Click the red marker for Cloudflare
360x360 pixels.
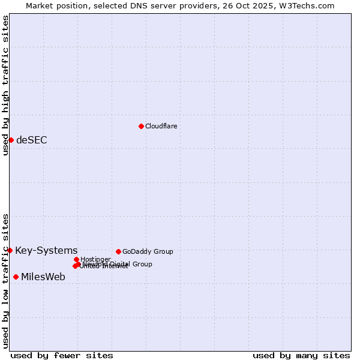coord(141,126)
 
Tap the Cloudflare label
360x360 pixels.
coord(161,126)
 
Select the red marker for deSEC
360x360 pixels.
coord(11,140)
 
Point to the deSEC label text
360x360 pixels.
coord(32,140)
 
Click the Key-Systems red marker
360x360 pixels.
coord(10,250)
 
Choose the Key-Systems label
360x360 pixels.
coord(46,251)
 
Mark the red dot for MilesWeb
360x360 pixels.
coord(16,277)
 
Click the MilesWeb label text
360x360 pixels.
coord(43,277)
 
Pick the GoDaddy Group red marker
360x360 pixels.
coord(118,251)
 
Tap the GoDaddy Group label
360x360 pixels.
coord(148,251)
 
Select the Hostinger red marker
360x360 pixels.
coord(76,259)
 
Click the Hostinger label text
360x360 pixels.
coord(96,259)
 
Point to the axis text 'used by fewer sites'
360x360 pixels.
coord(62,355)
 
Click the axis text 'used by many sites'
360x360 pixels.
coord(301,355)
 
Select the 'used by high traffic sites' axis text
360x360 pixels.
coord(6,85)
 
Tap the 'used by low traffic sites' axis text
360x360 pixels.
coord(6,280)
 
